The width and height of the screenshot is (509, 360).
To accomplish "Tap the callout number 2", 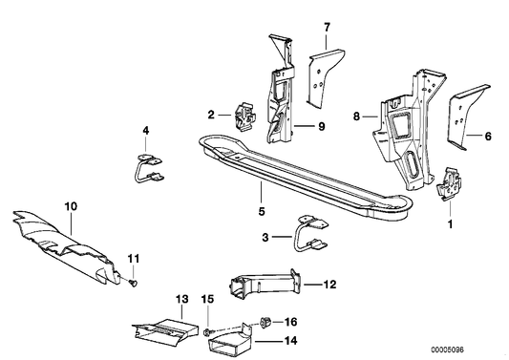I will [x=210, y=115].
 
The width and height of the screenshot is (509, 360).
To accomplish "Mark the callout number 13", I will [x=181, y=299].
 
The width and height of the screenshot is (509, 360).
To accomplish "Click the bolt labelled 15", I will [x=207, y=329].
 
